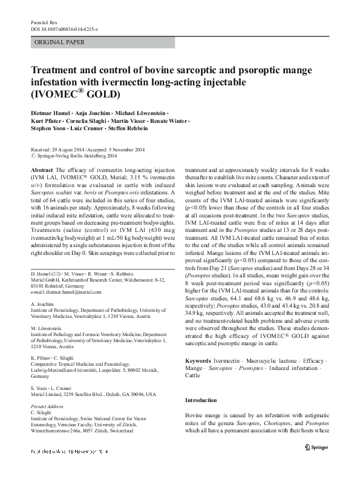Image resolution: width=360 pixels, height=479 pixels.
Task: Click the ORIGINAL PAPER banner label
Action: (x=59, y=42)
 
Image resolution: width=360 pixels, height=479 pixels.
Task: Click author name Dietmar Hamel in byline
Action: (x=50, y=113)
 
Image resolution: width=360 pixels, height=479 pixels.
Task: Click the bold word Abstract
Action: (x=41, y=171)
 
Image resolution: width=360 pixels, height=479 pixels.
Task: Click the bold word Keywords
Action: (x=198, y=360)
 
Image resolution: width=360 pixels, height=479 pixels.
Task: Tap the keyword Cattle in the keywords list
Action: (x=192, y=375)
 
